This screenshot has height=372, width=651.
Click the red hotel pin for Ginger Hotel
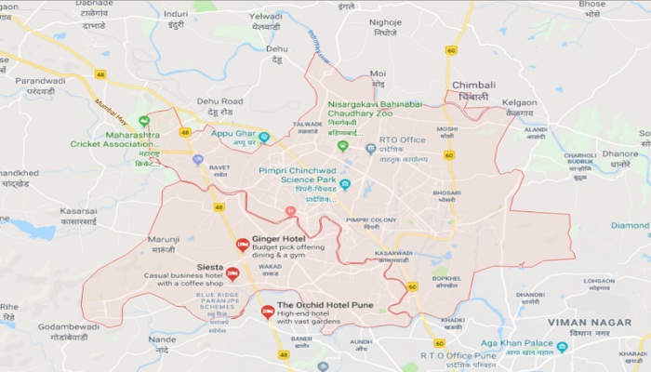pyautogui.click(x=242, y=246)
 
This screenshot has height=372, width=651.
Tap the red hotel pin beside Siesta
pyautogui.click(x=232, y=274)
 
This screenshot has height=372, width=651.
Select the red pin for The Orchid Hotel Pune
pyautogui.click(x=268, y=312)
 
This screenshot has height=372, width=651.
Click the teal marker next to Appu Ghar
pyautogui.click(x=264, y=137)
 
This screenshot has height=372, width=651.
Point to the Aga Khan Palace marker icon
pyautogui.click(x=562, y=347)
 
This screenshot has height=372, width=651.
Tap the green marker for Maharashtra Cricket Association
pyautogui.click(x=144, y=121)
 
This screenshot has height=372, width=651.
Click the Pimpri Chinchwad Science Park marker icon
pyautogui.click(x=345, y=184)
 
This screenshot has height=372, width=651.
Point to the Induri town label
pyautogui.click(x=175, y=14)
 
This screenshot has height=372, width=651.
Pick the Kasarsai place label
pyautogui.click(x=78, y=211)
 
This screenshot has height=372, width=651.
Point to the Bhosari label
pyautogui.click(x=446, y=192)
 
